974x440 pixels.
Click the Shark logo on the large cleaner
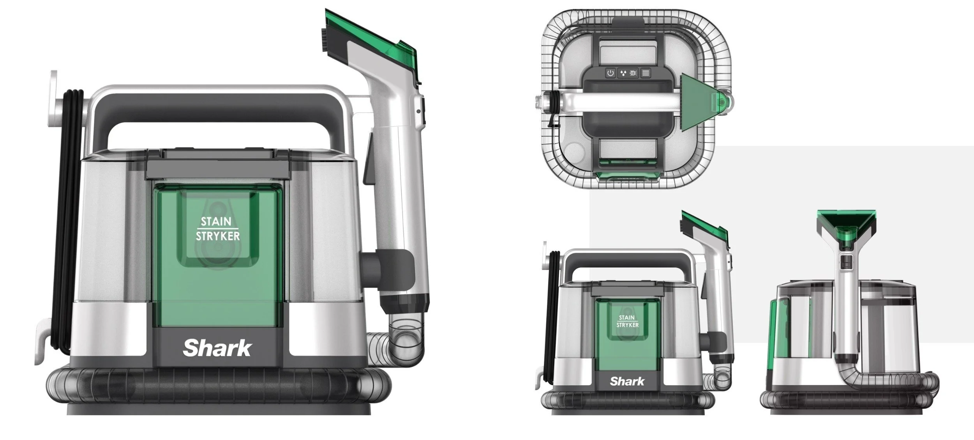pos(217,348)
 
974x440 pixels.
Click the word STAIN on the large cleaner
pos(216,222)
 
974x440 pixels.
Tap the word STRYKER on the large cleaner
pos(218,236)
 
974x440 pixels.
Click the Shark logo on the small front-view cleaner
pos(627,381)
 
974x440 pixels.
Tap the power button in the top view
pos(611,73)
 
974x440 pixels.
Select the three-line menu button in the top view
pos(646,73)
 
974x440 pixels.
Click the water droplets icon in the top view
pos(623,73)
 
